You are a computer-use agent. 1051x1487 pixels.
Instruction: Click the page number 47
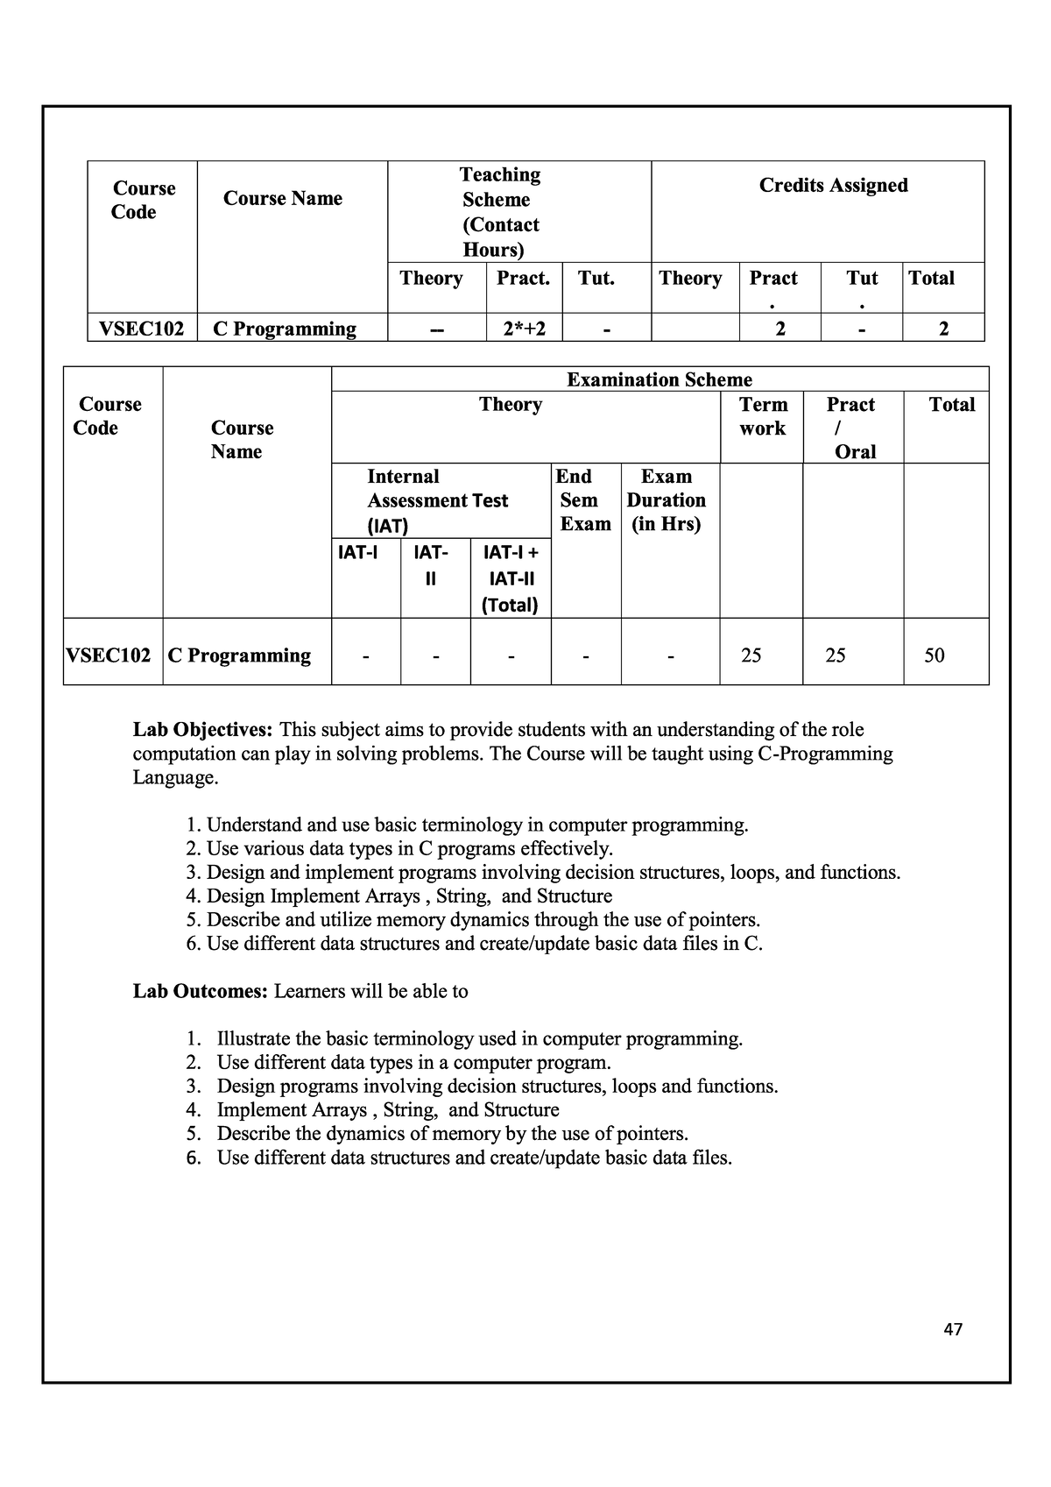pos(953,1329)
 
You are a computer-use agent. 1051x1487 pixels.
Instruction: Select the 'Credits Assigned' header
pos(833,185)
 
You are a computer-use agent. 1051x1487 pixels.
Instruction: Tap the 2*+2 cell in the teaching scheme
pos(524,329)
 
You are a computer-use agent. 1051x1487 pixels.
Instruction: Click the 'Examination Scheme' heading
pos(659,379)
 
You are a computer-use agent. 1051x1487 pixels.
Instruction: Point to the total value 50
pos(935,655)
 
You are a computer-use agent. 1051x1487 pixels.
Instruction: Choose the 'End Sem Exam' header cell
pos(585,500)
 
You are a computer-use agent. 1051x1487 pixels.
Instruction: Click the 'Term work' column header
pos(763,416)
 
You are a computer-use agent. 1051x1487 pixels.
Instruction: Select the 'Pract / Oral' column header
pos(851,428)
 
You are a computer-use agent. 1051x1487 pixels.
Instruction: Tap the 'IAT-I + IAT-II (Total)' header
pos(511,578)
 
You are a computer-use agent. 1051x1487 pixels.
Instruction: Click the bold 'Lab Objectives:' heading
pos(202,730)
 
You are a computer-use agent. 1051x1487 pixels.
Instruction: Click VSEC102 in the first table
pos(141,329)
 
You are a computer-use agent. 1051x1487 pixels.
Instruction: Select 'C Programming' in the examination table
pos(239,655)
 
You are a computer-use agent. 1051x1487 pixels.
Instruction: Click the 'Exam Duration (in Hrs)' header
pos(667,500)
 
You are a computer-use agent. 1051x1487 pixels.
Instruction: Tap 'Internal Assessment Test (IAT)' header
pos(437,500)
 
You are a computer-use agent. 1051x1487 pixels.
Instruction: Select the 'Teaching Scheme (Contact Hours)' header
pos(500,212)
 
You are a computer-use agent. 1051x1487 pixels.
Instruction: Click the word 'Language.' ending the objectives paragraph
pos(175,778)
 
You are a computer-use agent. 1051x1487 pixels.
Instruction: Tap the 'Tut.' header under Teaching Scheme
pos(596,279)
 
